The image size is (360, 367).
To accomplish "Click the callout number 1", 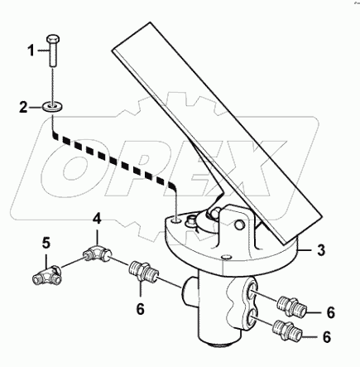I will pyautogui.click(x=31, y=51).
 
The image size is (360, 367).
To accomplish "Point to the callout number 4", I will pyautogui.click(x=97, y=220).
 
